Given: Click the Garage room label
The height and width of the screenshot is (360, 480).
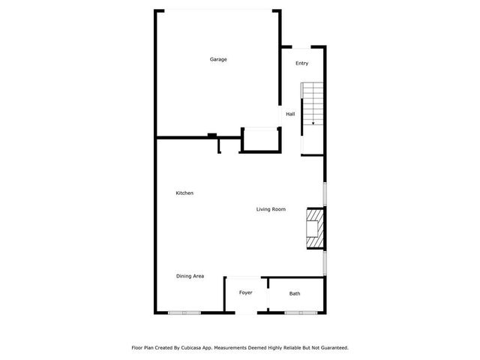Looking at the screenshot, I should [218, 59].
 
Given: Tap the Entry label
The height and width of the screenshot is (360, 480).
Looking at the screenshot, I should [301, 63].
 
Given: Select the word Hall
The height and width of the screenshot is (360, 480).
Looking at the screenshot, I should [289, 114].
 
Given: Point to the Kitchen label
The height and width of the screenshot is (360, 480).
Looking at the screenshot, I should [184, 193].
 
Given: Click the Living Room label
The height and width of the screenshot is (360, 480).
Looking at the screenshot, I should [271, 209].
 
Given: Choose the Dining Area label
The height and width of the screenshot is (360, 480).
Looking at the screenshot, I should [190, 276].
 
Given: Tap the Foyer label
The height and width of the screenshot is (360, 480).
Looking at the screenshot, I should [245, 292].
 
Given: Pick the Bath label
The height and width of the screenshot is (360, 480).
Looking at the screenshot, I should [295, 293].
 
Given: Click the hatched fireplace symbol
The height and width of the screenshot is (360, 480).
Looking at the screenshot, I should [315, 228].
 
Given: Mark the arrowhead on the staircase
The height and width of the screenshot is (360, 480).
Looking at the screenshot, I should [313, 122].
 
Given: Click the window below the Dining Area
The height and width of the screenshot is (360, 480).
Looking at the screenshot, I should [184, 312].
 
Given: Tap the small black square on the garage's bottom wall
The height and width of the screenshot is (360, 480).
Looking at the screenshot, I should [212, 135].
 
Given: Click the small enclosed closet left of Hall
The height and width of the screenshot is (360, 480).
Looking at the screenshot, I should [261, 139].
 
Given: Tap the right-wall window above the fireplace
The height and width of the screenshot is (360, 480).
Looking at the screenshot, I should [325, 193].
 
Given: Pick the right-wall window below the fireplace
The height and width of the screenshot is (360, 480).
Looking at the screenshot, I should [325, 262].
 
